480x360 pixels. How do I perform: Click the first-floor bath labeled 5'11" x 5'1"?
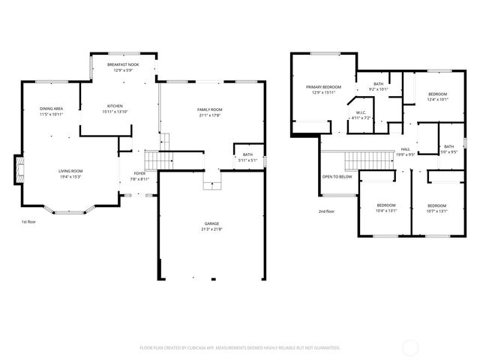tap(247, 157)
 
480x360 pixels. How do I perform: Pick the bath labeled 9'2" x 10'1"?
tap(379, 86)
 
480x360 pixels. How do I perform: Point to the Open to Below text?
tap(337, 177)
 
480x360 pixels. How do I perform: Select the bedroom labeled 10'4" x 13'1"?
tap(386, 208)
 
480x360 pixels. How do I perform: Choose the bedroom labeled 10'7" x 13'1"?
tap(437, 208)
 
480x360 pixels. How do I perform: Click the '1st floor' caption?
tap(29, 222)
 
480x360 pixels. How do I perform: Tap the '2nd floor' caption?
tap(326, 211)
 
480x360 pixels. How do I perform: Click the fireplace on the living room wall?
tap(18, 169)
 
